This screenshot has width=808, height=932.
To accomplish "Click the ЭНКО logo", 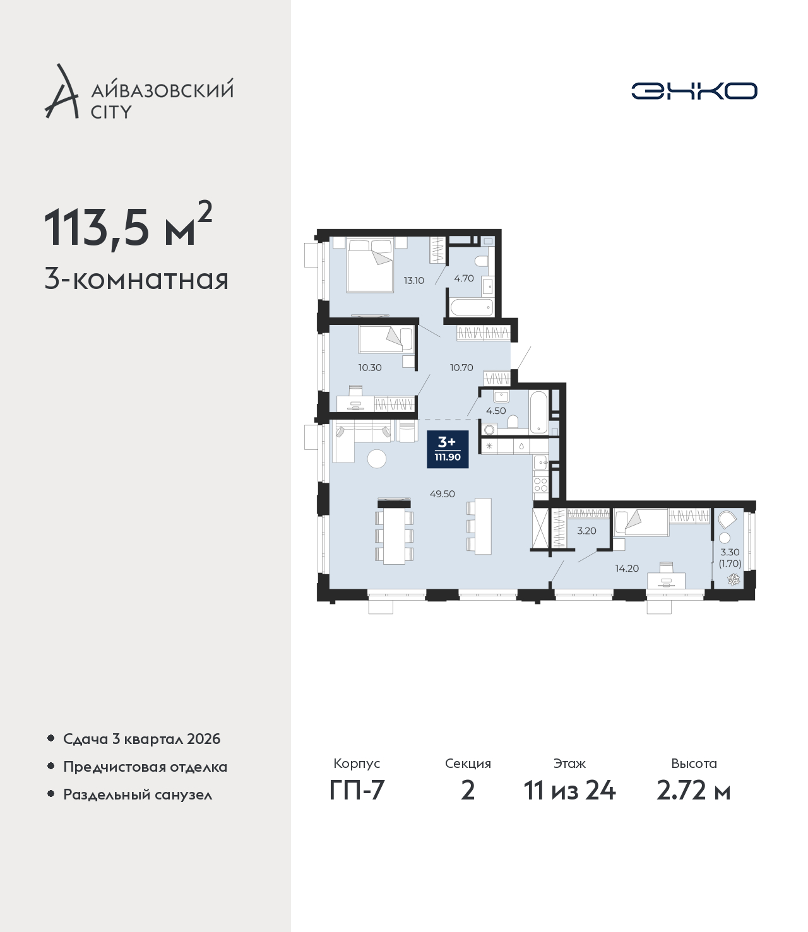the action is click(694, 91).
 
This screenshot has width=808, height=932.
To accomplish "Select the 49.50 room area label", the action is click(442, 494).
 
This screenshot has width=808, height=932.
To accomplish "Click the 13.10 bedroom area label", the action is click(413, 280).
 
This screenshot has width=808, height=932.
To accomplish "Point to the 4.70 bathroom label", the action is click(464, 278).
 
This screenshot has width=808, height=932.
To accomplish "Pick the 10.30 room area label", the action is click(370, 367).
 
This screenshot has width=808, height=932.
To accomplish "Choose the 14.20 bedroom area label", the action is click(627, 569).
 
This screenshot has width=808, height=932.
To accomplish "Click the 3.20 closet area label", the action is click(586, 531).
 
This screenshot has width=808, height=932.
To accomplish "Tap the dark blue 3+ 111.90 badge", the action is click(448, 449).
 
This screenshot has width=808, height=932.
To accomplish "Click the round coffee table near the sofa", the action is click(377, 459).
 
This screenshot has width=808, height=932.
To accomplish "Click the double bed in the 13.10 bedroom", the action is click(370, 265).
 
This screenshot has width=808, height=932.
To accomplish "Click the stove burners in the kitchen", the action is click(540, 485).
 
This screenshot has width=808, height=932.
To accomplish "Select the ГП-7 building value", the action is click(357, 791).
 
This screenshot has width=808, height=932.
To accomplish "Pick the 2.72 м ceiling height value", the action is click(693, 791).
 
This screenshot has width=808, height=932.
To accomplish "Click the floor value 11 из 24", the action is click(569, 791).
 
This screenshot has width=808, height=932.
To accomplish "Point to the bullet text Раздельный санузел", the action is click(138, 794).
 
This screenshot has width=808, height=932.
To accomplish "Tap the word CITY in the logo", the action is click(112, 112).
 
